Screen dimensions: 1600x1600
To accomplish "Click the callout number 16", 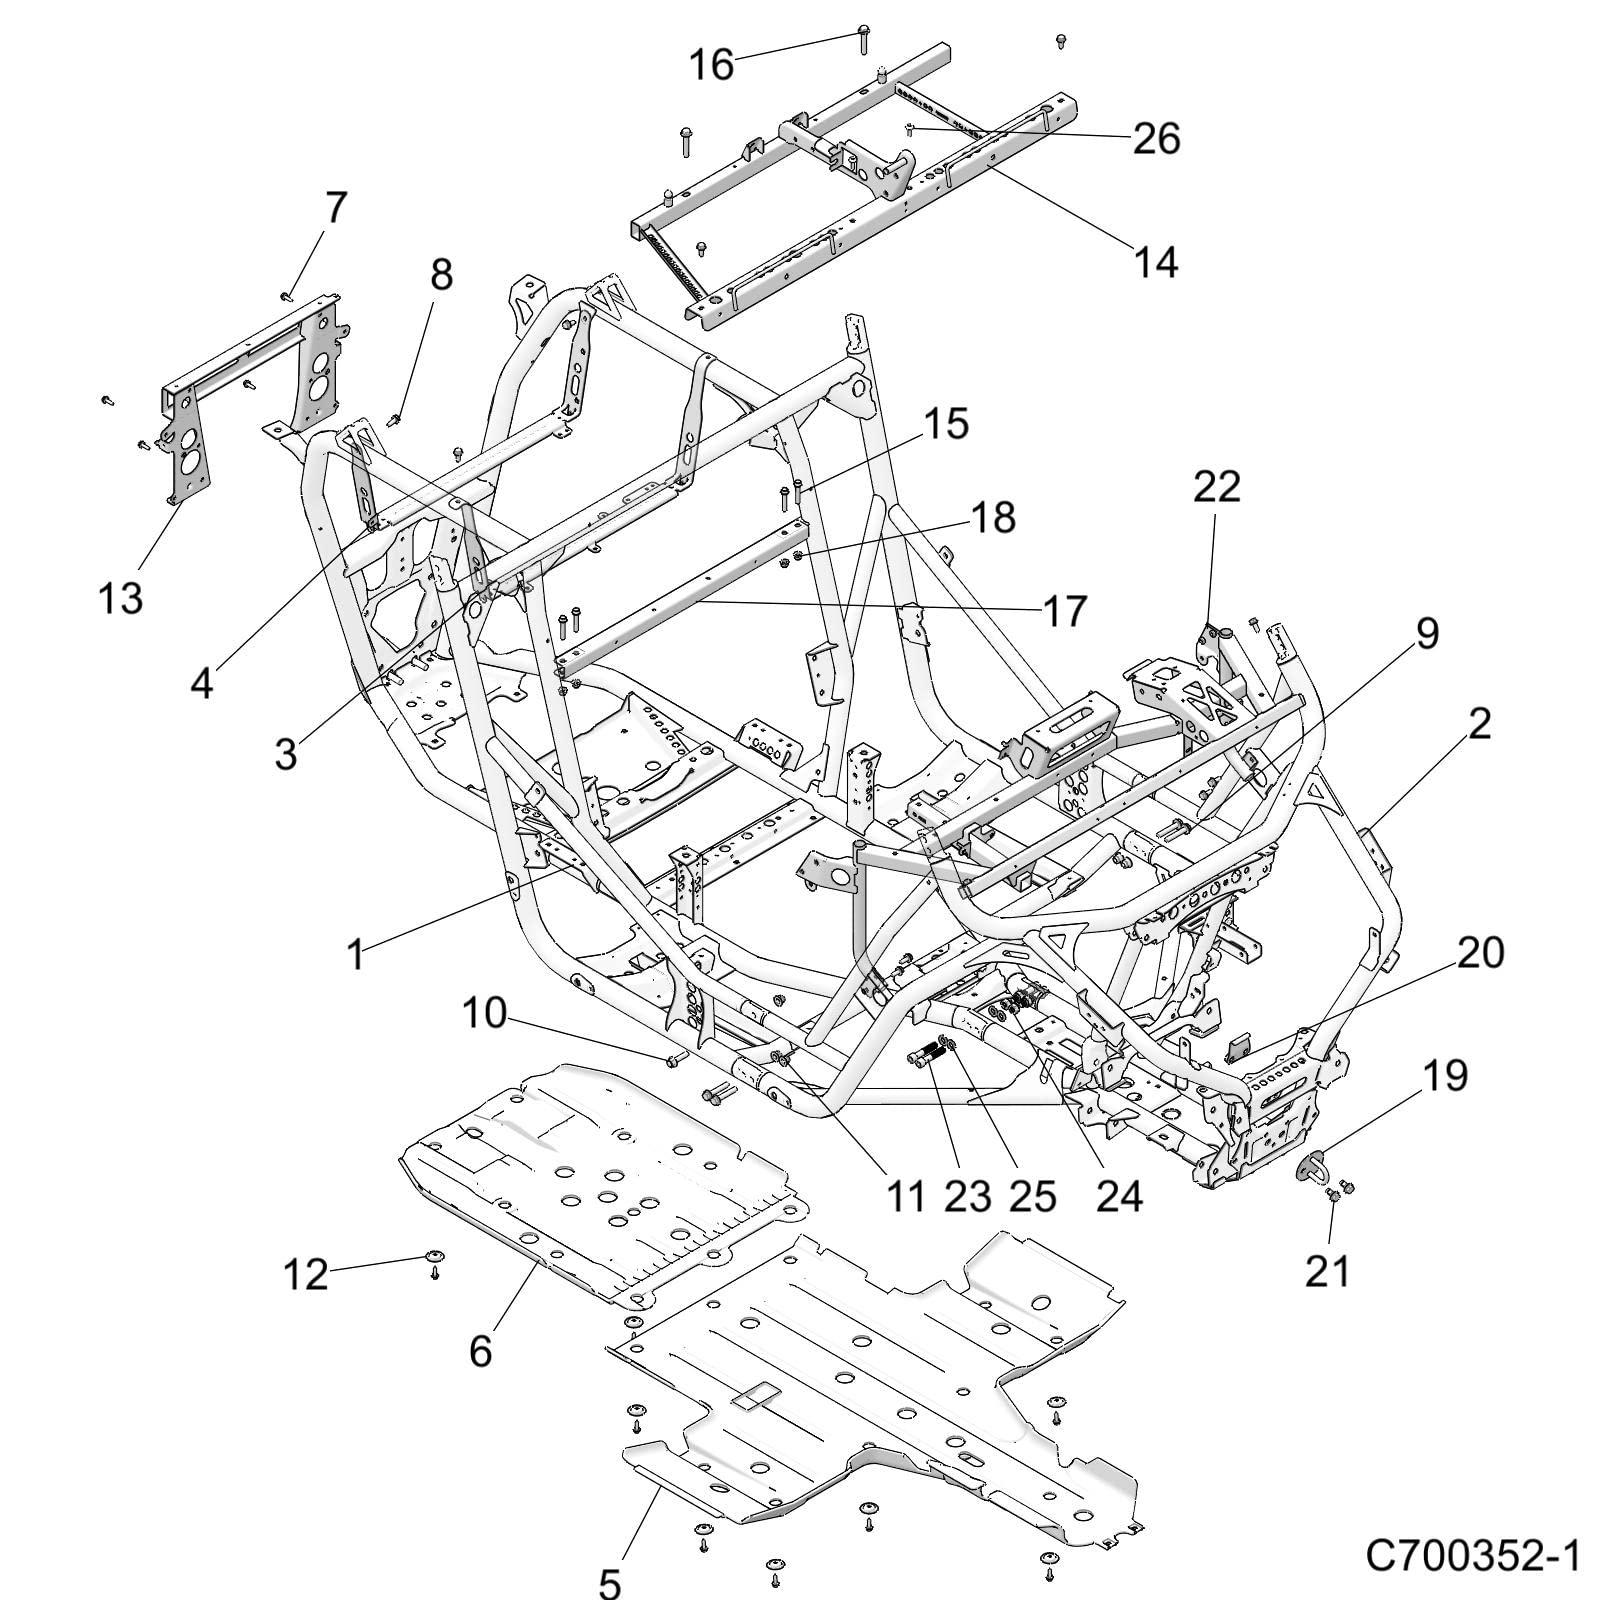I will pyautogui.click(x=711, y=66).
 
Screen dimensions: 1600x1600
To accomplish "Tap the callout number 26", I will pyautogui.click(x=1156, y=139).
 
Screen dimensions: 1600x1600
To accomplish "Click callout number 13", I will pyautogui.click(x=120, y=598).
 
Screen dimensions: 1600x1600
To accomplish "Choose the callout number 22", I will pyautogui.click(x=1216, y=487).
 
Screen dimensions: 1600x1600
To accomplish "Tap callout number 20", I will pyautogui.click(x=1480, y=953).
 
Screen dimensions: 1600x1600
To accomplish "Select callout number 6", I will pyautogui.click(x=480, y=1351).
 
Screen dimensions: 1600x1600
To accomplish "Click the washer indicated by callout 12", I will pyautogui.click(x=435, y=1257).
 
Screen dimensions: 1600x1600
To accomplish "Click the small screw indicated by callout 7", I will pyautogui.click(x=286, y=294).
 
